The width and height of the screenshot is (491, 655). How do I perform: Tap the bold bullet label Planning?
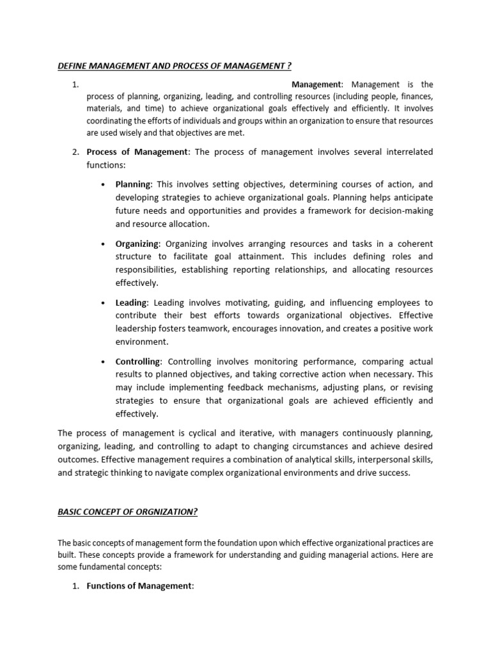(132, 184)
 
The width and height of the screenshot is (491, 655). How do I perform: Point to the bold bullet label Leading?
(131, 303)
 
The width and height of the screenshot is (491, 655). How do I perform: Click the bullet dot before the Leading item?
(103, 303)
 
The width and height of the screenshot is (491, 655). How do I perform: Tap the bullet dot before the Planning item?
(103, 185)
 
